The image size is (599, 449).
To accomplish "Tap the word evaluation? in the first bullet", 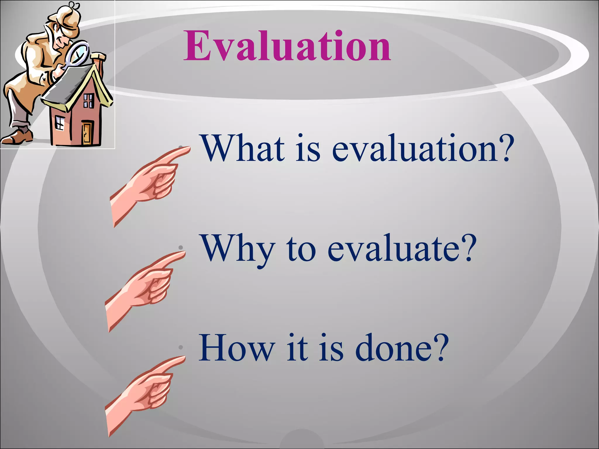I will tap(423, 148).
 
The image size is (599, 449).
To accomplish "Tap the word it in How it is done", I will tap(297, 348).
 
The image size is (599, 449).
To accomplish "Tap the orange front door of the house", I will tap(87, 133).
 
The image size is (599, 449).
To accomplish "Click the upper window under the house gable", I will tap(88, 101).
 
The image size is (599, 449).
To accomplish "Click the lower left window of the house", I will tap(60, 123).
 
